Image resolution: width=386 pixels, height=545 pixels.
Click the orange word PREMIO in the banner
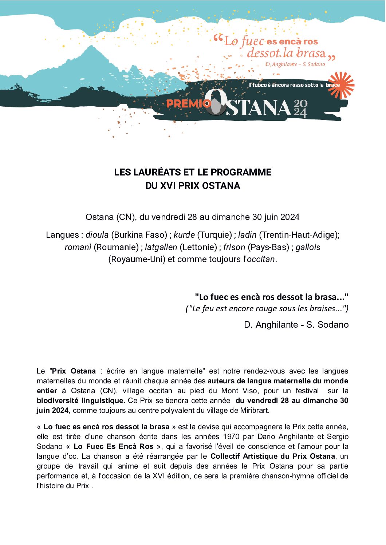[185, 104]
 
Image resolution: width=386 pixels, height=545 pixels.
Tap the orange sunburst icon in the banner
[341, 85]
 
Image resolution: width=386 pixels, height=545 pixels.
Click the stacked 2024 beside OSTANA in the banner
[300, 108]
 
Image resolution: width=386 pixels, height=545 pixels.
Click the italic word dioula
[97, 235]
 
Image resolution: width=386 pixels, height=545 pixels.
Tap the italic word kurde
[184, 235]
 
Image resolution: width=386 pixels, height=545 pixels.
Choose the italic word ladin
[247, 235]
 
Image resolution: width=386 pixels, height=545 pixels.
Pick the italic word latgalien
[161, 247]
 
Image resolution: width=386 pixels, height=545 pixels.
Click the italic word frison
[234, 247]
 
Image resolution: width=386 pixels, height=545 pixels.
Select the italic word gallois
[308, 247]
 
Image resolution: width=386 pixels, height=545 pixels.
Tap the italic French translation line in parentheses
[267, 309]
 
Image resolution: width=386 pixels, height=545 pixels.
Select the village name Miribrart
[254, 410]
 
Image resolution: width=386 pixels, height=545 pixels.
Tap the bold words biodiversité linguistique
[80, 400]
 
